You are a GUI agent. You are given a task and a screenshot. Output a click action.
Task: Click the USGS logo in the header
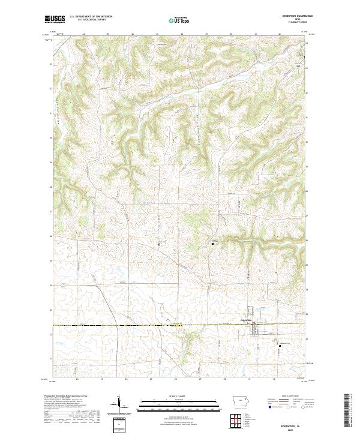tap(55, 19)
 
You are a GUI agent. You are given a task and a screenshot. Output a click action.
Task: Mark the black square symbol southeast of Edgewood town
tap(278, 344)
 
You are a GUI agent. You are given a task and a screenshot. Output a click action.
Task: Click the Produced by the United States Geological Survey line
tap(68, 397)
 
